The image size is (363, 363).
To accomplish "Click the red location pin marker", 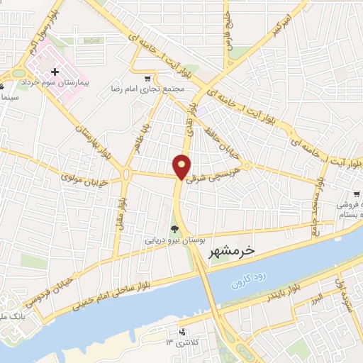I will click(x=182, y=166).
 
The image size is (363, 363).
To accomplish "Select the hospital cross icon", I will click(x=55, y=72).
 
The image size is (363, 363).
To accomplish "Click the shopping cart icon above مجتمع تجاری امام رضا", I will click(x=147, y=79).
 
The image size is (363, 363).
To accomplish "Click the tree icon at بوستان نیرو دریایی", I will click(x=174, y=228).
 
